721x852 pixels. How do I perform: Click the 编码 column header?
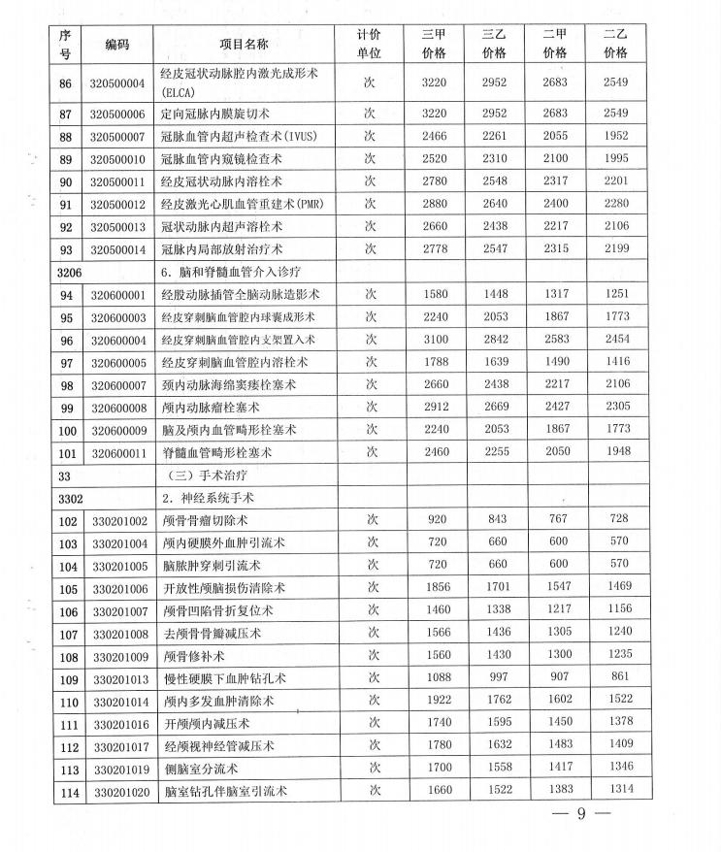click(x=116, y=44)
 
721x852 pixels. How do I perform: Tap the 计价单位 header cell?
click(x=369, y=44)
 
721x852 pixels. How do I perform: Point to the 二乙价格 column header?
click(x=615, y=44)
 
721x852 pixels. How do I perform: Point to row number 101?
click(x=66, y=451)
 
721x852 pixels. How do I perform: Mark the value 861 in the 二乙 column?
click(x=617, y=676)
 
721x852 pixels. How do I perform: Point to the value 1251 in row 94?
click(x=617, y=295)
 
